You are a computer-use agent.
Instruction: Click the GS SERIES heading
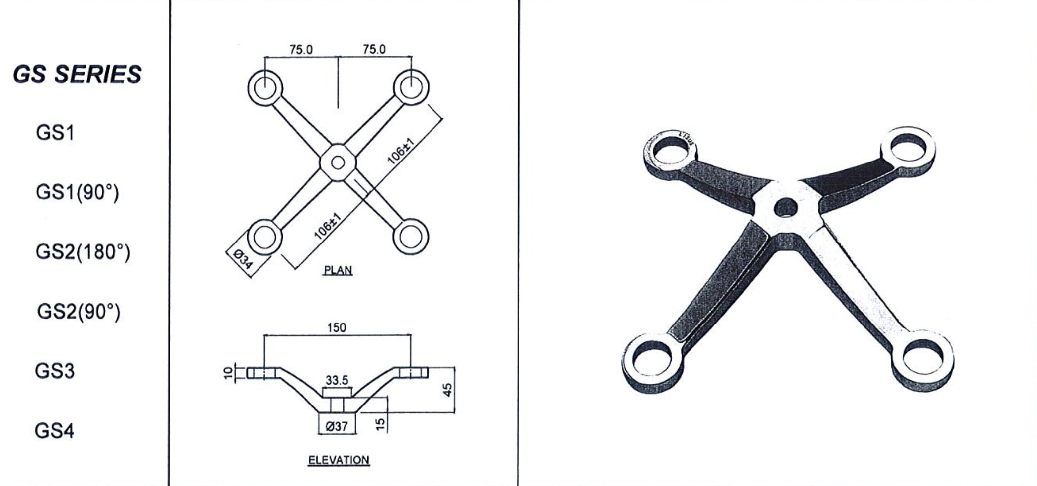click(x=77, y=75)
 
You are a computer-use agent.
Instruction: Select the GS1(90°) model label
click(x=78, y=192)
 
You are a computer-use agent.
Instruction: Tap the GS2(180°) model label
click(x=83, y=252)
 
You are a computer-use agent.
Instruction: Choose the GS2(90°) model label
click(x=79, y=312)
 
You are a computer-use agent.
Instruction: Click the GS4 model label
click(x=54, y=431)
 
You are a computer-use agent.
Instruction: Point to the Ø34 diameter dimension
click(x=243, y=259)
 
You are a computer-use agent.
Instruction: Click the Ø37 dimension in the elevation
click(x=337, y=426)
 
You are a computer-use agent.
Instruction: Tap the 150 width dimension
click(x=337, y=327)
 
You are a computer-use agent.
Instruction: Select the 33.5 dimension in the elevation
click(x=337, y=380)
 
